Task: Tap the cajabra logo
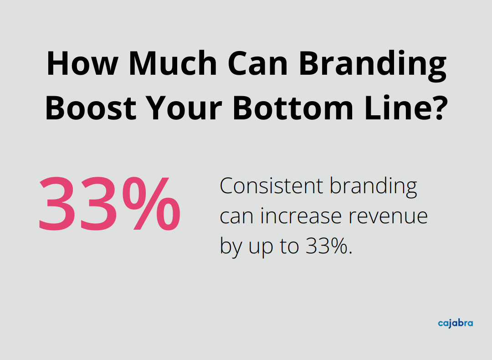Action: click(455, 324)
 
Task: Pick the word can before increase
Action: click(237, 217)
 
